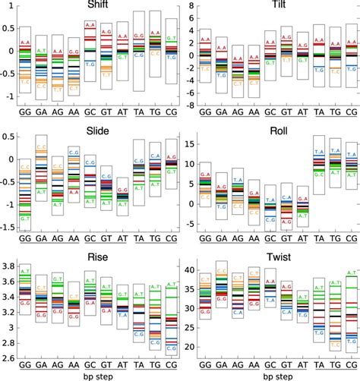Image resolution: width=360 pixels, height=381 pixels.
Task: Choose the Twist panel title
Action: (x=277, y=257)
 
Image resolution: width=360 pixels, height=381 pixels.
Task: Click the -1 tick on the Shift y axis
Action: (x=10, y=96)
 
